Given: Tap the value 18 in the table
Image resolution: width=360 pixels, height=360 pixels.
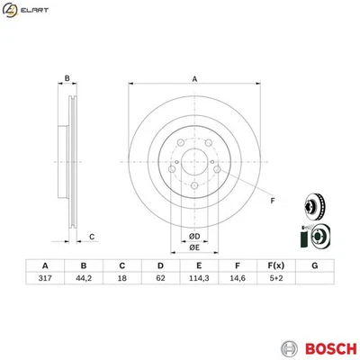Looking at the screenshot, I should (x=121, y=279).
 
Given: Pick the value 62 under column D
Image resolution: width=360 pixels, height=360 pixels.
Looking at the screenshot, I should (x=160, y=279).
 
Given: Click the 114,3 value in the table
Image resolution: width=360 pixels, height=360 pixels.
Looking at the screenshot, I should (x=199, y=279).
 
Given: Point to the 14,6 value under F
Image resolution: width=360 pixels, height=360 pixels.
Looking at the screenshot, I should (x=238, y=279).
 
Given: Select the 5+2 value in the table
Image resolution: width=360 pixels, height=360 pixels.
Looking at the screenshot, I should (x=276, y=279).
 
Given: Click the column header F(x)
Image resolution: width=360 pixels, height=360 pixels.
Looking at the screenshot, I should (x=276, y=265).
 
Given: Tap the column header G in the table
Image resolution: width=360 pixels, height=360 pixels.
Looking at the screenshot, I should (x=315, y=265).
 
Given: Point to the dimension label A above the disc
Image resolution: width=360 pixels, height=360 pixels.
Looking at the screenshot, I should (x=194, y=79).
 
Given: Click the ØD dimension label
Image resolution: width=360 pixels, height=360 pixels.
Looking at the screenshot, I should (x=194, y=237).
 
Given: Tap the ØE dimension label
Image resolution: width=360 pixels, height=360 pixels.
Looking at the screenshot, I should (x=194, y=248).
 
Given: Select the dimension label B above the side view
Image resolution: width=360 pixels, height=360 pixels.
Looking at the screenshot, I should (x=67, y=79).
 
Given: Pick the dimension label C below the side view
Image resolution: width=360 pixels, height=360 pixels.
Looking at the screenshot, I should (x=92, y=237).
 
